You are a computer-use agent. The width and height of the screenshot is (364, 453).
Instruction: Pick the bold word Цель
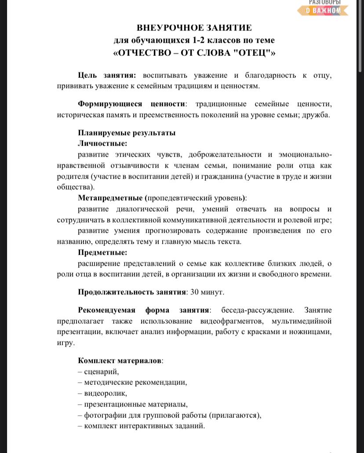[88, 75]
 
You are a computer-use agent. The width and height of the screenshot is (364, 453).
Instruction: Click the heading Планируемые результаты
[127, 133]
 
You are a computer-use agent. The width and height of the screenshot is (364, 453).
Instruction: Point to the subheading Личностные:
[102, 143]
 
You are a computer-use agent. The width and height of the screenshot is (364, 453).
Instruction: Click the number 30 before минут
[194, 292]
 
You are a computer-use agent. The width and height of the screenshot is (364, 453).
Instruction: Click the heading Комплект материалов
[120, 361]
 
